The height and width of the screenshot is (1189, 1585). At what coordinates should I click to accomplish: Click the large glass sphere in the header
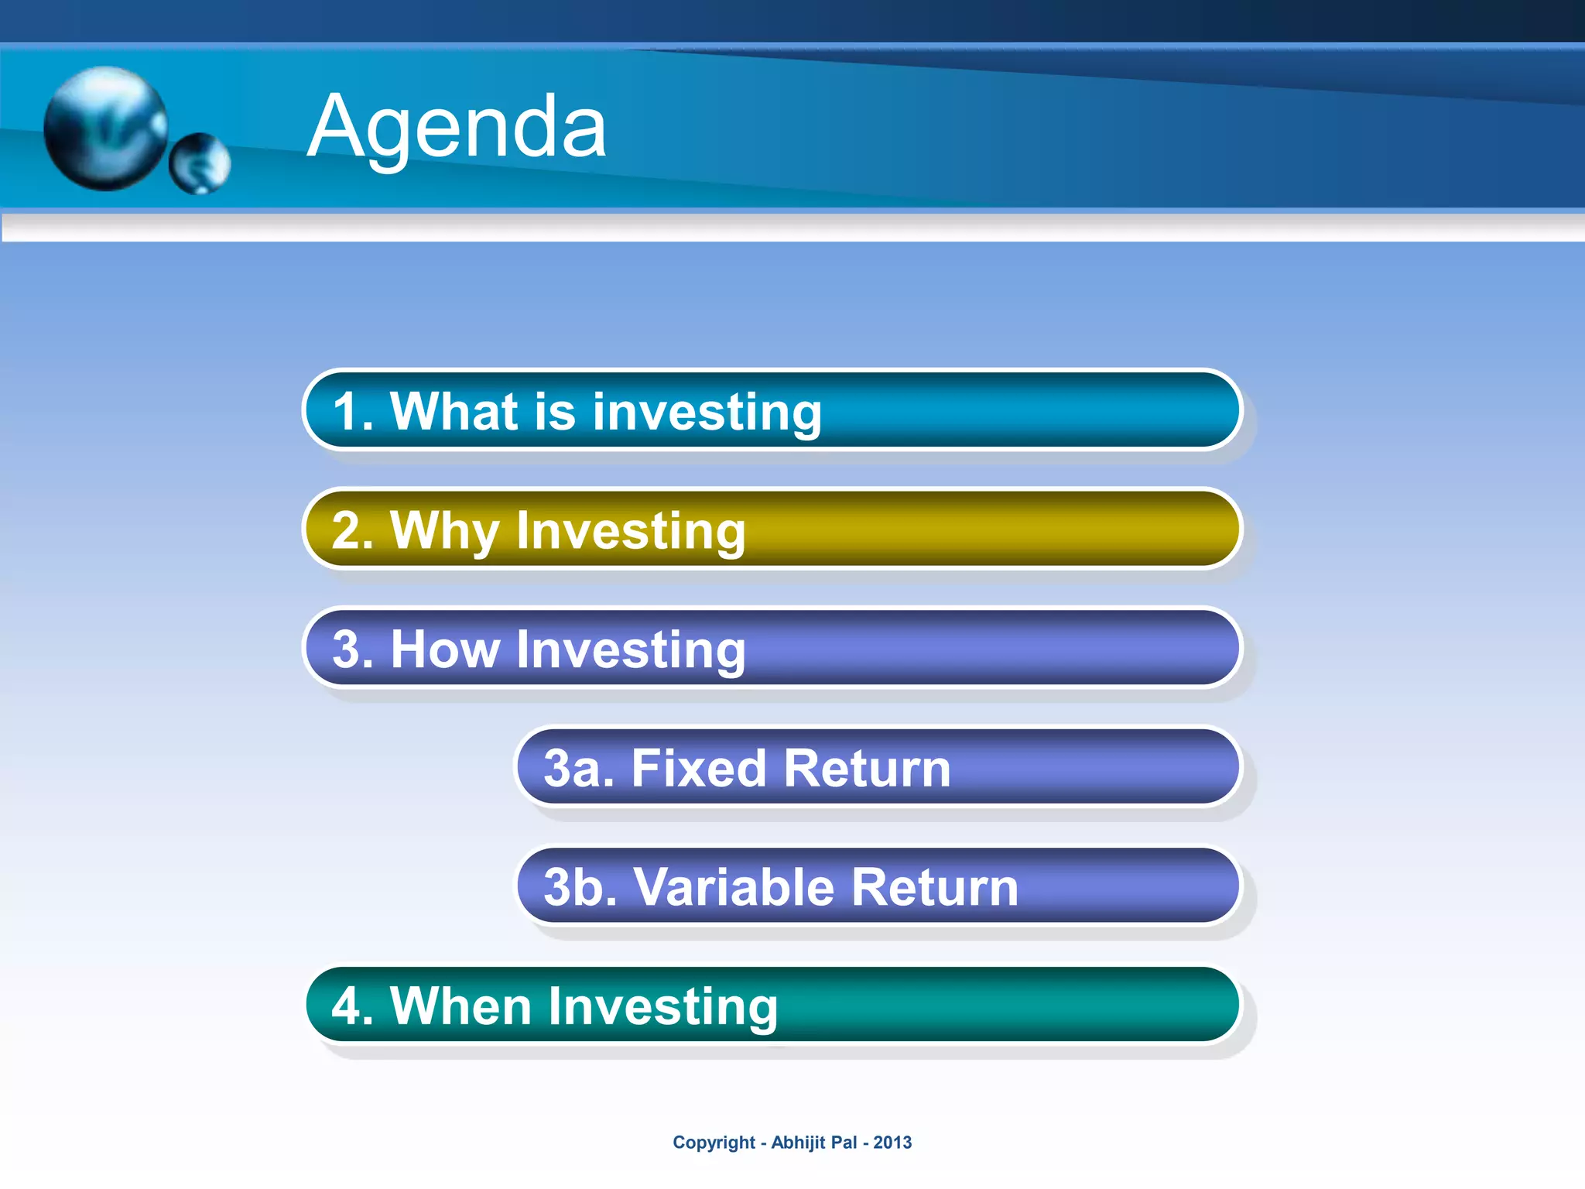click(106, 128)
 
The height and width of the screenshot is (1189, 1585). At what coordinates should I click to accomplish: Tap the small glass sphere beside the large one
click(200, 163)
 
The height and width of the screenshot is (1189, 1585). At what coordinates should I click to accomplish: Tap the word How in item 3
click(445, 649)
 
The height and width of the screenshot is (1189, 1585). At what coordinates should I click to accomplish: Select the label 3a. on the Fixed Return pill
click(578, 769)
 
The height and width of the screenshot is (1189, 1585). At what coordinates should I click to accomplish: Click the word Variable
click(734, 887)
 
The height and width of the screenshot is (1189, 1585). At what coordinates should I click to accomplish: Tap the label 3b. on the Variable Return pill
click(580, 887)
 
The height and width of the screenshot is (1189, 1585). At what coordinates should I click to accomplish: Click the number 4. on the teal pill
click(353, 1006)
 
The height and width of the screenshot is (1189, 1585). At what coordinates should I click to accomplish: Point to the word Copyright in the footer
click(714, 1143)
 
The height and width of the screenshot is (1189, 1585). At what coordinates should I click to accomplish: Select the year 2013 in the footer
click(892, 1143)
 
